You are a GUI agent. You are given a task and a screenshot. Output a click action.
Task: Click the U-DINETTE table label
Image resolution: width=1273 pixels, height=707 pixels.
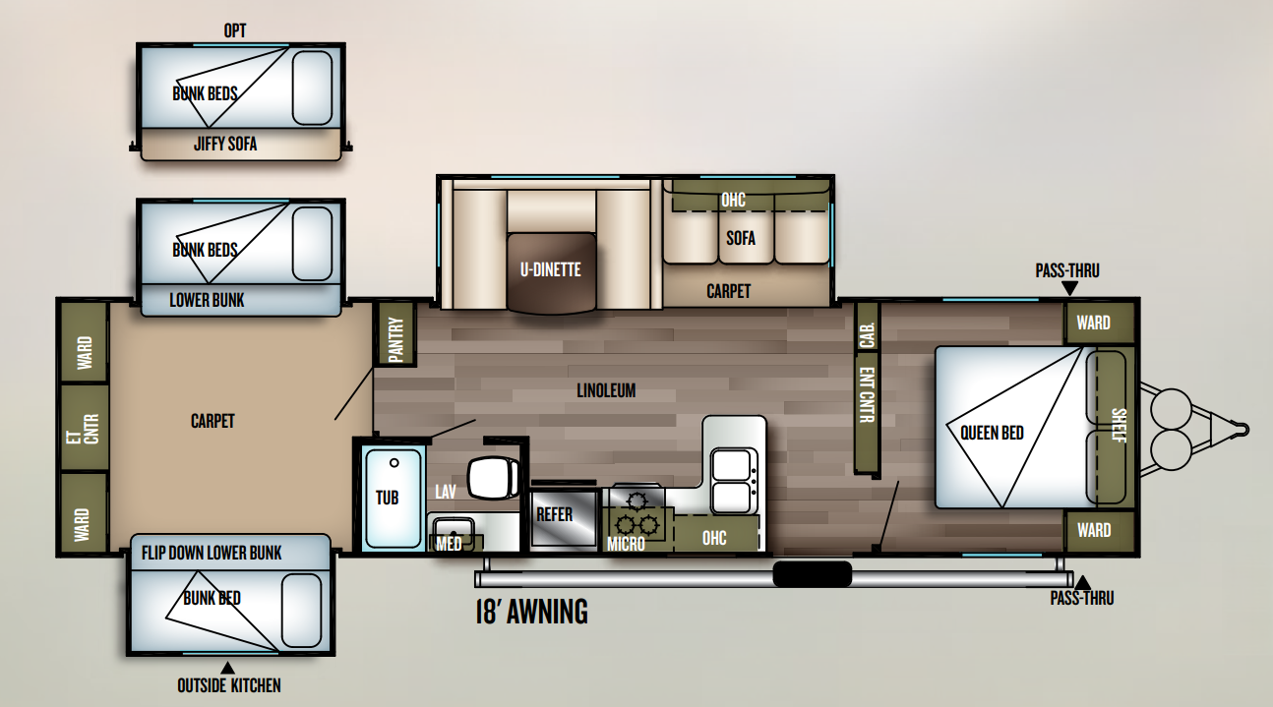(x=551, y=269)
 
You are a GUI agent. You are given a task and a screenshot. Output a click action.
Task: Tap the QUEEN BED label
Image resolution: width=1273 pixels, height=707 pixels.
(x=992, y=432)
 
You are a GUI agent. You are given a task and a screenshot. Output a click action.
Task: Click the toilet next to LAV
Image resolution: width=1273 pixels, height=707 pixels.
(x=493, y=478)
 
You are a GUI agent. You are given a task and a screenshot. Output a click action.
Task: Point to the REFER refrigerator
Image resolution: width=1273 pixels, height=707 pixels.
(x=554, y=514)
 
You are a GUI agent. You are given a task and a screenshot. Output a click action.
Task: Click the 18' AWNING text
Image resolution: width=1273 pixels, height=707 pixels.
(x=531, y=612)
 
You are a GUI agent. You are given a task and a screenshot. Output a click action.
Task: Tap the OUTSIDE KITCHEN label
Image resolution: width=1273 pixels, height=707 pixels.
(x=228, y=685)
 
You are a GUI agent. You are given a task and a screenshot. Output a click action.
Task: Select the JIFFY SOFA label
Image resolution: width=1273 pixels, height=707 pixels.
(x=224, y=145)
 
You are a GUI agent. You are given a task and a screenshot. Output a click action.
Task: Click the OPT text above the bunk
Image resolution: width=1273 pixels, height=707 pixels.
(x=235, y=31)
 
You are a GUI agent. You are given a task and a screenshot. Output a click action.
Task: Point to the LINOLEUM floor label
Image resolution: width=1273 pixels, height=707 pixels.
(x=606, y=390)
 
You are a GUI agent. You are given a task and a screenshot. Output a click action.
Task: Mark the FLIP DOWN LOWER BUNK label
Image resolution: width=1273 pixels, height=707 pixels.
(x=212, y=553)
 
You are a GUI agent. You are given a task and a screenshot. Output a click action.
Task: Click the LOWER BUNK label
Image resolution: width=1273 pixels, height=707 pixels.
(x=207, y=300)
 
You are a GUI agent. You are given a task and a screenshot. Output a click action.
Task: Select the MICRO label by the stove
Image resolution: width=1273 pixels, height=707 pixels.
(x=626, y=544)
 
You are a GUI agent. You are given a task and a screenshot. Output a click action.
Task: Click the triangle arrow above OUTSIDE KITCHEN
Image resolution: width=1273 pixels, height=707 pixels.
(x=228, y=668)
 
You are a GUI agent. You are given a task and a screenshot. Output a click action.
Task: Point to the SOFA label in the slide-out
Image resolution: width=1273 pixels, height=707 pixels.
(x=741, y=237)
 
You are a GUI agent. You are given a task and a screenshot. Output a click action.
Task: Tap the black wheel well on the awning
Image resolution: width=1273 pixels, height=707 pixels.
(x=812, y=573)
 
